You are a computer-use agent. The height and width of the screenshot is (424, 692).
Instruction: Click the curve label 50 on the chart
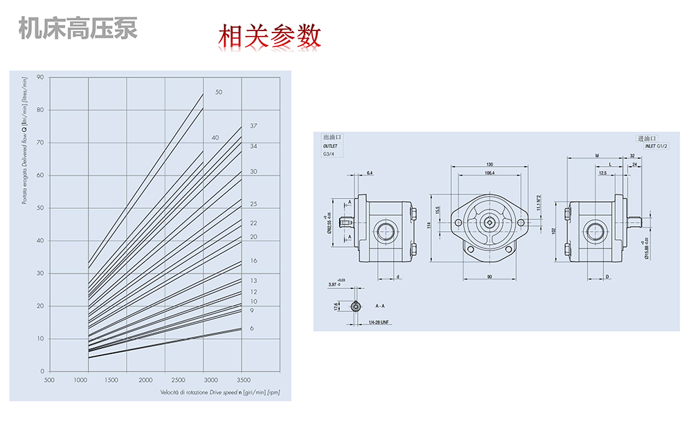[219, 92]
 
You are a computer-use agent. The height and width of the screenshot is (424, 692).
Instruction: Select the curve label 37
[253, 126]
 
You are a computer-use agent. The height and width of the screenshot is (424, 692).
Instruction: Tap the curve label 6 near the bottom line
[252, 328]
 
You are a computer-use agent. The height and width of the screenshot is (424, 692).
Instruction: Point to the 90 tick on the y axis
[40, 77]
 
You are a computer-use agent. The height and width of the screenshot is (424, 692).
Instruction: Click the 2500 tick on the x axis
[178, 380]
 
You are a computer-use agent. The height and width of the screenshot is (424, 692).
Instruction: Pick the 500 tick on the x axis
[49, 380]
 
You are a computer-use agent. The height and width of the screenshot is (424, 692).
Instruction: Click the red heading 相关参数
[270, 36]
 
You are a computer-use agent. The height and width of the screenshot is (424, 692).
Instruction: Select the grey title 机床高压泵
[78, 28]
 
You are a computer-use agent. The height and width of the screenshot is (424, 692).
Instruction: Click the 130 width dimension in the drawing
[490, 164]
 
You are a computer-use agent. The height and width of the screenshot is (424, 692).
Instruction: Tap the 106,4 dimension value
[490, 172]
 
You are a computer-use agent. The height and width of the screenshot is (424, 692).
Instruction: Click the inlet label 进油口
[646, 138]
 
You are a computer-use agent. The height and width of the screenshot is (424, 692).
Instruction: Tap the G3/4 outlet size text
[329, 154]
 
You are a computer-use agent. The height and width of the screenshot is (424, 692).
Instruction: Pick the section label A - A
[381, 305]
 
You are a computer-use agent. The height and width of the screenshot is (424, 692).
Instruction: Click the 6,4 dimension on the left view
[370, 172]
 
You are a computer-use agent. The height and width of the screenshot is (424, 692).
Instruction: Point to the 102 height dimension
[554, 230]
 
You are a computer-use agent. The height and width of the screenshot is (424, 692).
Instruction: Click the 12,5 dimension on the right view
[603, 172]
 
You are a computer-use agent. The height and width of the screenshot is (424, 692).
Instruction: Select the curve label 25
[253, 204]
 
